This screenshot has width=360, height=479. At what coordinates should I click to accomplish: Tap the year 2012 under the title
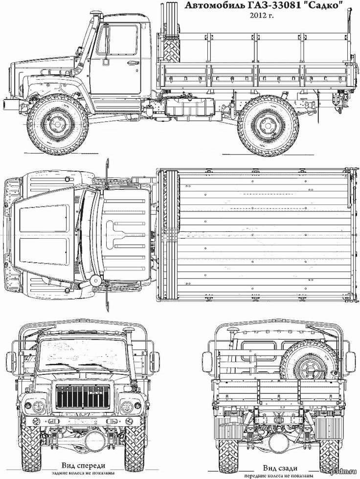pyautogui.click(x=259, y=16)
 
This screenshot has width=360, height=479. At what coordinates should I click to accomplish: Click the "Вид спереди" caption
pyautogui.click(x=83, y=466)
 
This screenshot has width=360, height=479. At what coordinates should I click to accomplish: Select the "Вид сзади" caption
pyautogui.click(x=280, y=468)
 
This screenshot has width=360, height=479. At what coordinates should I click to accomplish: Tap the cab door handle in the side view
pyautogui.click(x=132, y=63)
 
